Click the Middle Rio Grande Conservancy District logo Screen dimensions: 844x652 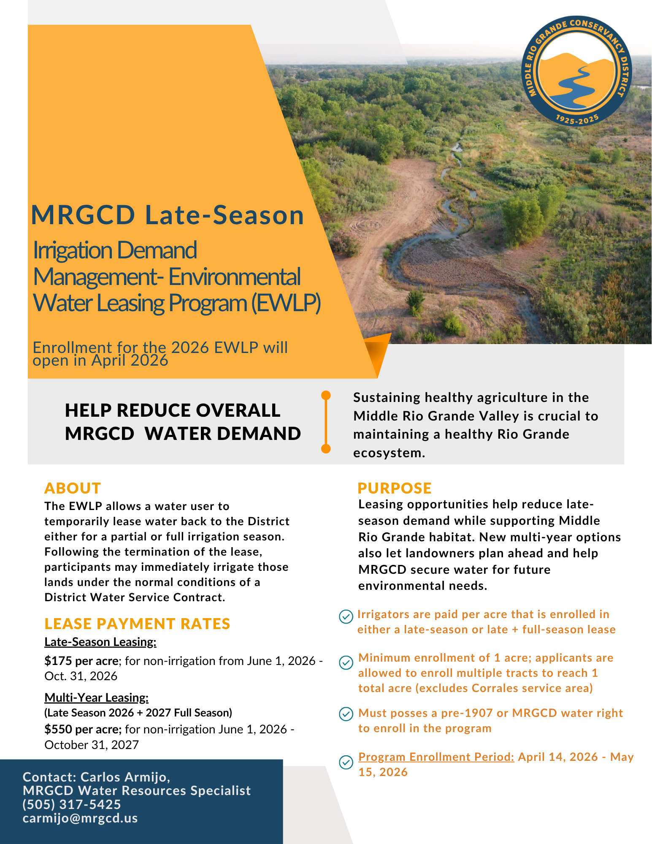[x=576, y=72]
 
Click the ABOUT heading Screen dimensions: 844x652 [x=73, y=488]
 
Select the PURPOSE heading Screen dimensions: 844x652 [x=394, y=488]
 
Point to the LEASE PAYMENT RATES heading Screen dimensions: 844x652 [x=137, y=624]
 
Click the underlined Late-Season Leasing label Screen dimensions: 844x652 [x=100, y=642]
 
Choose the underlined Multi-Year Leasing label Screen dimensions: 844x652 [x=96, y=697]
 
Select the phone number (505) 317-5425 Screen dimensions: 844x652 [x=72, y=804]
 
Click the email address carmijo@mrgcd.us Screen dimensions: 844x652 [x=80, y=818]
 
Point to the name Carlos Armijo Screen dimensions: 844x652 [x=125, y=777]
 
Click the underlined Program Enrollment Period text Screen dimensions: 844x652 [x=436, y=757]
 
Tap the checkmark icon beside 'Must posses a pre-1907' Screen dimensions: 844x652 [x=346, y=714]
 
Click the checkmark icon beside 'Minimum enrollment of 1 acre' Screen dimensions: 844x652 [x=346, y=662]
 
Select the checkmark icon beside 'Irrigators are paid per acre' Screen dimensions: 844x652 [x=346, y=616]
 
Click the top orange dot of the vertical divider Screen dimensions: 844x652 [x=326, y=395]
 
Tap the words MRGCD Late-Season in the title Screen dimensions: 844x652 [x=168, y=215]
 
